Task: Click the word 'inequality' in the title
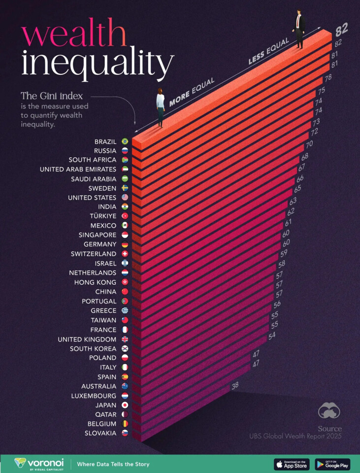[x=98, y=64]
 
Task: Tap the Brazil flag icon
[x=125, y=141]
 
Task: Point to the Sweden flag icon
[x=125, y=188]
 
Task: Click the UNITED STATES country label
[x=92, y=198]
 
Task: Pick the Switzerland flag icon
[x=125, y=254]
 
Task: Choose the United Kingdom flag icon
[x=125, y=339]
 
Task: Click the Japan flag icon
[x=125, y=405]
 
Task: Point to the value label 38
[x=235, y=385]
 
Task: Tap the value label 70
[x=309, y=144]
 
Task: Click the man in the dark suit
[x=299, y=29]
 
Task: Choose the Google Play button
[x=332, y=464]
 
